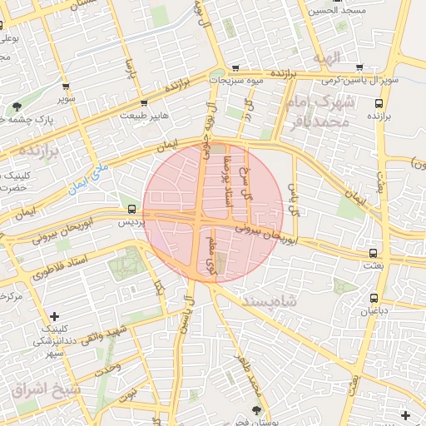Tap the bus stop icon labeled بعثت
coord(373,251)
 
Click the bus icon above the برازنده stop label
coord(379,104)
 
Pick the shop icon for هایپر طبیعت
coord(145,103)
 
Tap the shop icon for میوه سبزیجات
coord(236,68)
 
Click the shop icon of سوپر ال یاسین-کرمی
coord(359,67)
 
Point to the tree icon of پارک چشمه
coord(17,106)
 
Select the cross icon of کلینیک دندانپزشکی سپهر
coord(54,316)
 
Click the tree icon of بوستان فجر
coord(255,410)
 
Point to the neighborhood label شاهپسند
coord(269,300)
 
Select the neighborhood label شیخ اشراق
coord(42,389)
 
